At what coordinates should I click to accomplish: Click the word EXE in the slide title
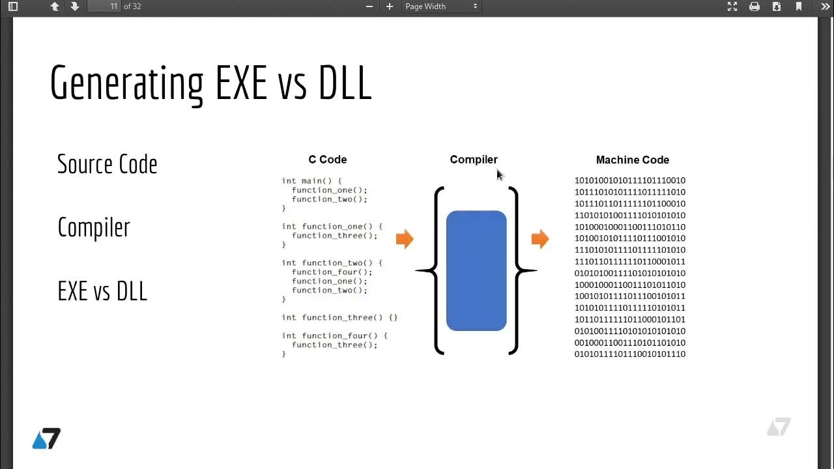pos(240,83)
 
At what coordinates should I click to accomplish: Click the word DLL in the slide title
pos(345,83)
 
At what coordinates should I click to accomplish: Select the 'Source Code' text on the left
pos(107,164)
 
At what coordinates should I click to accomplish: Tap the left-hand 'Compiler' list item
pos(94,227)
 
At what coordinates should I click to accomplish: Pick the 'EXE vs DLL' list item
pos(102,291)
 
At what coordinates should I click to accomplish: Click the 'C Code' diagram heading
pos(327,160)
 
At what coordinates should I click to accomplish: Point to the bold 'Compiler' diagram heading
pos(474,160)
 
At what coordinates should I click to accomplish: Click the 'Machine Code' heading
pos(632,160)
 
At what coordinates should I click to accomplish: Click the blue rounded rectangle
pos(476,270)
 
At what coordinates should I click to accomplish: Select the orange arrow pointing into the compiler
pos(405,239)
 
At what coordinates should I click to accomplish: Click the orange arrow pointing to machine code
pos(540,239)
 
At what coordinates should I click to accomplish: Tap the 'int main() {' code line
pos(311,180)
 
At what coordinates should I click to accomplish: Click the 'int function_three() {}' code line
pos(339,317)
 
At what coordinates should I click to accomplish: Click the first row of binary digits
pos(629,180)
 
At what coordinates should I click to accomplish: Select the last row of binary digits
pos(629,354)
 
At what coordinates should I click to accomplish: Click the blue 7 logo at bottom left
pos(46,438)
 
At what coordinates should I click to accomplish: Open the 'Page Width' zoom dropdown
pos(441,7)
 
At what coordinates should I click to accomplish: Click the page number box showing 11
pos(104,7)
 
